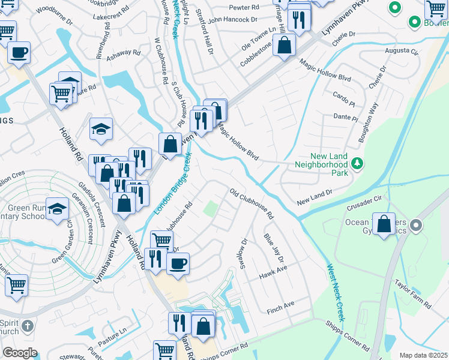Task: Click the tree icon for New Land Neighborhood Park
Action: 357,163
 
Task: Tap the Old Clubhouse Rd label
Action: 252,203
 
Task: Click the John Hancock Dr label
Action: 232,20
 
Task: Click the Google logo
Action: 20,353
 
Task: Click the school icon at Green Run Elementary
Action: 57,208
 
